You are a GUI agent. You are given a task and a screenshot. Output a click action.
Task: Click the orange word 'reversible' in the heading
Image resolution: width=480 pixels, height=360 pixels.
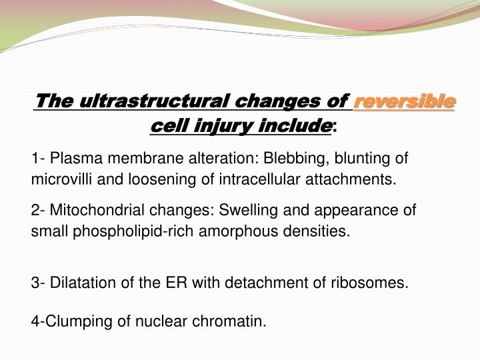coord(405,102)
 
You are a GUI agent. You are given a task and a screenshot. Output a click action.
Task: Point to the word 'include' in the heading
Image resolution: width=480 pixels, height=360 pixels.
coord(297,125)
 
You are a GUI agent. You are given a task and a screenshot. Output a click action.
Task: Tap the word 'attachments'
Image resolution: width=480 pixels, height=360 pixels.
coord(354,179)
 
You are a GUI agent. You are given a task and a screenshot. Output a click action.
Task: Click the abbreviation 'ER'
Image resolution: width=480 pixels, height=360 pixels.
coord(179,283)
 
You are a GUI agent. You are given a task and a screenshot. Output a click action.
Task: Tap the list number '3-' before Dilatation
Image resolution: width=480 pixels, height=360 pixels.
coord(38,283)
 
